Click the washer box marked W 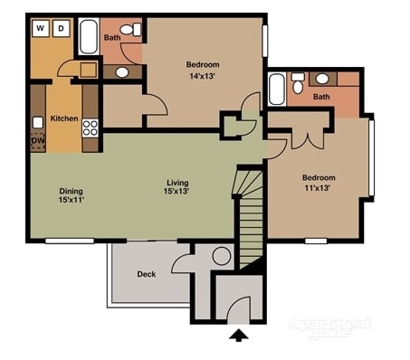(42, 28)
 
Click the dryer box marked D (62, 28)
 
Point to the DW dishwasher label (38, 141)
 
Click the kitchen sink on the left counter (38, 121)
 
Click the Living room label (176, 182)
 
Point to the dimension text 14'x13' (203, 76)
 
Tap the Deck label (147, 273)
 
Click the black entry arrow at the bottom (239, 337)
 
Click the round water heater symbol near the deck (222, 256)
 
